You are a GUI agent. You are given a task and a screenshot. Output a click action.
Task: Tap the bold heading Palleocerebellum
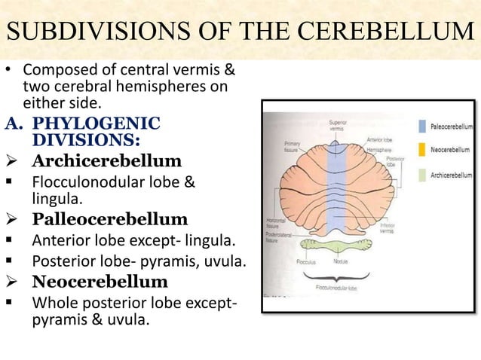click(110, 219)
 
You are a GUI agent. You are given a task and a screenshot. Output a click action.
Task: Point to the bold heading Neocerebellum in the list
click(100, 282)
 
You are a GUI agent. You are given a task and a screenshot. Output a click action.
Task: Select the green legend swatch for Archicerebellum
click(423, 175)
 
